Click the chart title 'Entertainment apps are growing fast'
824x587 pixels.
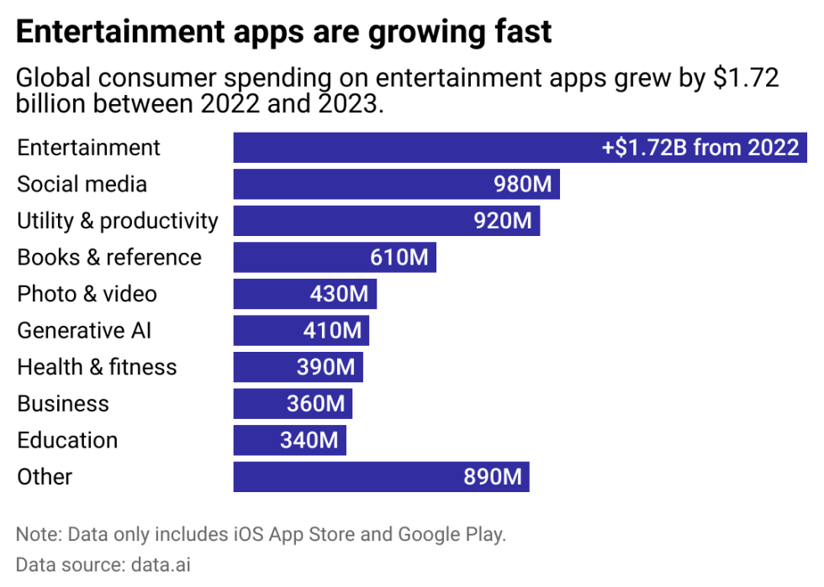pyautogui.click(x=284, y=32)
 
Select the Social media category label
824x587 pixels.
pyautogui.click(x=82, y=184)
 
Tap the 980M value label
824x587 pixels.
pyautogui.click(x=522, y=184)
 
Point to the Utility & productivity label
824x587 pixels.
pyautogui.click(x=118, y=221)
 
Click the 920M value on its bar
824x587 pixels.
pyautogui.click(x=502, y=221)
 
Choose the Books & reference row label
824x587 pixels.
pyautogui.click(x=109, y=257)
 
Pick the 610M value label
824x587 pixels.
pyautogui.click(x=399, y=257)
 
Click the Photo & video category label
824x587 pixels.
pyautogui.click(x=87, y=294)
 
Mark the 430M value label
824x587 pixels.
pyautogui.click(x=340, y=294)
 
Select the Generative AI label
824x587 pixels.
pyautogui.click(x=84, y=330)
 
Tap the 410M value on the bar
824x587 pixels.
pyautogui.click(x=332, y=330)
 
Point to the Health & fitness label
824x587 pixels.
pyautogui.click(x=97, y=367)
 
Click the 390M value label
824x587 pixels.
pyautogui.click(x=326, y=367)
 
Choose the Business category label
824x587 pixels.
pyautogui.click(x=63, y=403)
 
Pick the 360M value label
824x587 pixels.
pyautogui.click(x=315, y=403)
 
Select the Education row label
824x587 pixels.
pyautogui.click(x=67, y=440)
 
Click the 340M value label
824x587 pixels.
pyautogui.click(x=309, y=440)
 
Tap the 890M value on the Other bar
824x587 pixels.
pyautogui.click(x=493, y=477)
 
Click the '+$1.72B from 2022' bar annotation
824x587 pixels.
pyautogui.click(x=700, y=148)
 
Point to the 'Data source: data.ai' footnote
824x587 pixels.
pyautogui.click(x=103, y=564)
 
